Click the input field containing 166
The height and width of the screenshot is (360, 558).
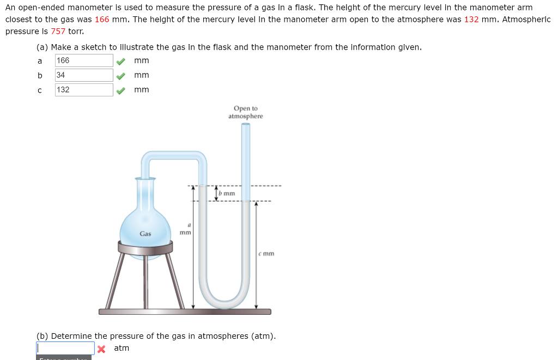[84, 60]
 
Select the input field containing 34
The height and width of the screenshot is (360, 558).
[84, 75]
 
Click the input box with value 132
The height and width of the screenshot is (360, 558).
[84, 90]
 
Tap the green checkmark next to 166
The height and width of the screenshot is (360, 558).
[123, 61]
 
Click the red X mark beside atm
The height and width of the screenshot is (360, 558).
[101, 349]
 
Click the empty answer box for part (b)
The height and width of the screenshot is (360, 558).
[65, 348]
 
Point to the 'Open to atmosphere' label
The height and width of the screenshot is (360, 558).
[246, 112]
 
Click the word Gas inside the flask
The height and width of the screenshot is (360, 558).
[145, 234]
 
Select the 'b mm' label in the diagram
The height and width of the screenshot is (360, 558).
[227, 193]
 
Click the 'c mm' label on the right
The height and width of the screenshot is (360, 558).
[267, 253]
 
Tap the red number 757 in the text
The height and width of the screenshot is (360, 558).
[58, 31]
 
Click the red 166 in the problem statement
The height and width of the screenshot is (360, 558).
[102, 20]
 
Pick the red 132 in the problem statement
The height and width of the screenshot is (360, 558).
[471, 20]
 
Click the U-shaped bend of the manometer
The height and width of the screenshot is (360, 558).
[225, 295]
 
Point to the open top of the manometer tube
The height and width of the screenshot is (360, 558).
[246, 125]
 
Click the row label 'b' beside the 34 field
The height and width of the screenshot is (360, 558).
[39, 75]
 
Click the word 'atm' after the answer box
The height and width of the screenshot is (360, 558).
[122, 348]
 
